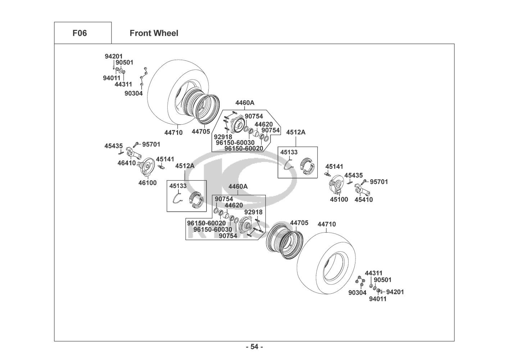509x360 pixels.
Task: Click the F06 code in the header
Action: pos(79,33)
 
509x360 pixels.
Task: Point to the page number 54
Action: pos(254,347)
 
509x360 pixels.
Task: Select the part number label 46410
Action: pos(127,163)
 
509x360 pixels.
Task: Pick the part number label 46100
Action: pos(147,183)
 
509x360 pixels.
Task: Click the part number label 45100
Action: pos(339,199)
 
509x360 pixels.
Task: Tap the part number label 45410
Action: pos(364,199)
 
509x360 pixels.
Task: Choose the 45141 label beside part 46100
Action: pos(165,159)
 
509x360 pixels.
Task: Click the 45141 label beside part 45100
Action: pos(334,167)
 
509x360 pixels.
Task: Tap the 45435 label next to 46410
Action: pos(114,146)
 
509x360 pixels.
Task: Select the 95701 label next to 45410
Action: pos(379,182)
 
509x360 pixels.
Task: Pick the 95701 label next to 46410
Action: pos(151,144)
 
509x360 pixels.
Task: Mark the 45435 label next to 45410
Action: pos(354,175)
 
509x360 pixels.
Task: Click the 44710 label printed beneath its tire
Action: pos(173,132)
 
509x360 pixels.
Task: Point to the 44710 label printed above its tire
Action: pos(327,224)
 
